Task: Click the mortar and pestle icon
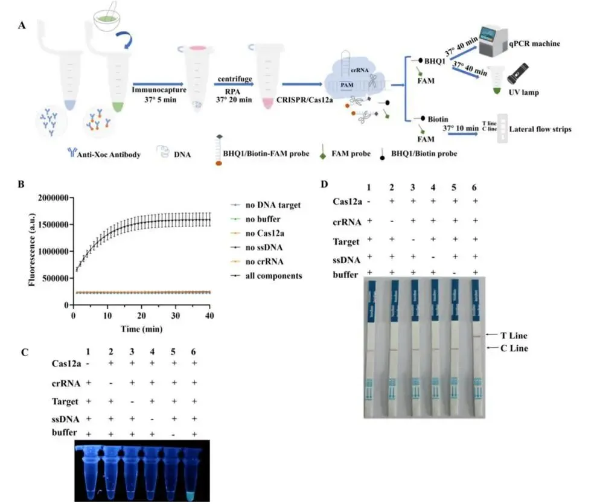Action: click(109, 18)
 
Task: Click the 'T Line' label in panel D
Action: click(514, 335)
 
